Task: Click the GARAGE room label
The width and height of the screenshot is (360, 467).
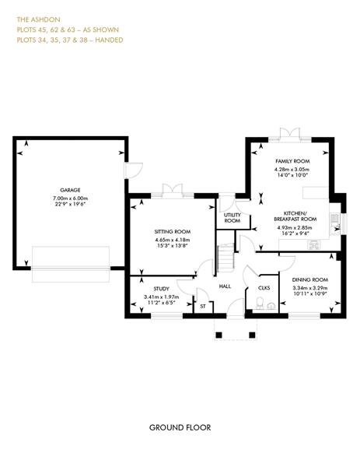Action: tap(70, 190)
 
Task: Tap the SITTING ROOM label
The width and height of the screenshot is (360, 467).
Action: tap(173, 232)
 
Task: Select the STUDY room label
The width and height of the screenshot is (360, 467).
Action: tap(161, 289)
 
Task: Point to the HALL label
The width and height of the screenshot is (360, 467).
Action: tap(225, 286)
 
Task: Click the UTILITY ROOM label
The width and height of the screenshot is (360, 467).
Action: tap(232, 218)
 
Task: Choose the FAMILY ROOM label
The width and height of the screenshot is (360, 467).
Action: tap(292, 161)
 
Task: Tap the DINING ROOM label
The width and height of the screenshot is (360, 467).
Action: tap(310, 279)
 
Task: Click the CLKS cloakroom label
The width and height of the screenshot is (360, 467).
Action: tap(264, 288)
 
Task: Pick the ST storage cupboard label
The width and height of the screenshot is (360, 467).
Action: tap(203, 306)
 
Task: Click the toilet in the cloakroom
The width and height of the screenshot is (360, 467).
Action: tap(260, 303)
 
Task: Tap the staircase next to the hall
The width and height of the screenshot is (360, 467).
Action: tap(225, 258)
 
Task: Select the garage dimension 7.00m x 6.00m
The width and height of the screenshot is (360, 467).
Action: tap(71, 198)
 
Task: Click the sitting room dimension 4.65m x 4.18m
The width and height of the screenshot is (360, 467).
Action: tap(173, 240)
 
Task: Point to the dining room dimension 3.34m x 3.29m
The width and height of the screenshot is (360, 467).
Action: tap(310, 288)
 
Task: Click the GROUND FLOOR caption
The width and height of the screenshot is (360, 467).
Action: tap(180, 427)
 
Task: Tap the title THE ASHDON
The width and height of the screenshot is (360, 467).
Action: tap(38, 19)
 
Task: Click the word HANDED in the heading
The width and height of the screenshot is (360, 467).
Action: tap(109, 40)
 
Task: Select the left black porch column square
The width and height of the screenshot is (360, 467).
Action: tap(218, 335)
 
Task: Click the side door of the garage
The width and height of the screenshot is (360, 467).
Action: tap(133, 170)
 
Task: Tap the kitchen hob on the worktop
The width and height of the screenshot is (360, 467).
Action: tap(314, 245)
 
